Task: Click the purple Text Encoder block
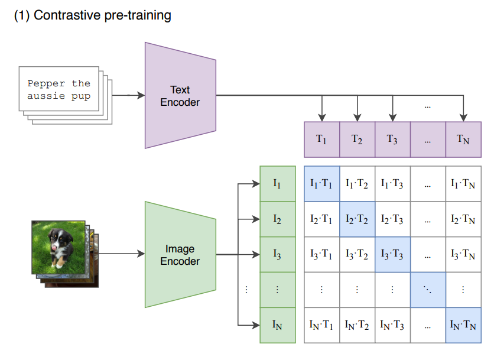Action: (x=180, y=96)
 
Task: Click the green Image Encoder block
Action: (x=180, y=255)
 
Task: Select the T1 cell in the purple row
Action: (x=321, y=140)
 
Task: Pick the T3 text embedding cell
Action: (x=392, y=140)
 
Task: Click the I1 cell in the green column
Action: (x=278, y=183)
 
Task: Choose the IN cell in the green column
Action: (x=278, y=325)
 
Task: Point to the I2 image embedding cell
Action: (x=278, y=219)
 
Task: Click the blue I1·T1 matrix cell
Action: (x=321, y=183)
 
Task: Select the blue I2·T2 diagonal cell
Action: (x=357, y=219)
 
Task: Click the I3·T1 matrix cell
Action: (x=321, y=254)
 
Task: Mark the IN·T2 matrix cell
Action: (x=357, y=325)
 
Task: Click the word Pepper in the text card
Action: (x=46, y=83)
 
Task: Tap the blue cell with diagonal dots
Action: (x=427, y=290)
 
